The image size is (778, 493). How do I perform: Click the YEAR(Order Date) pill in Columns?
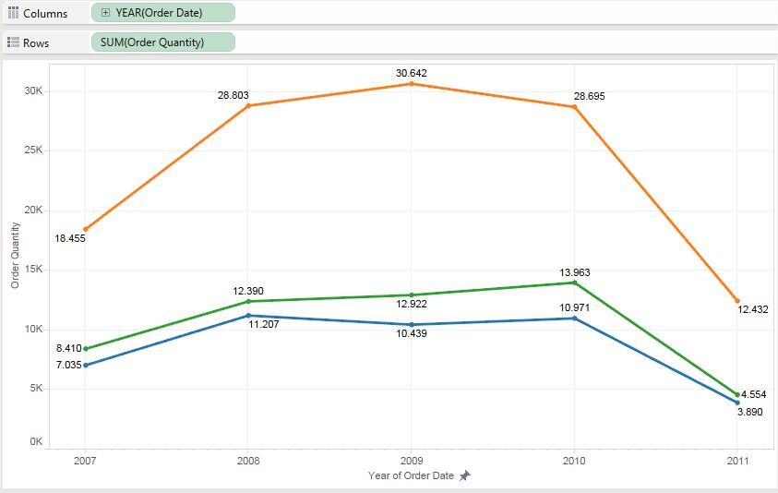(x=163, y=13)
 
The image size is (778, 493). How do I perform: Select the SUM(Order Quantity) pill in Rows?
(x=163, y=42)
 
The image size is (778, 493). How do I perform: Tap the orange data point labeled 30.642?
(x=412, y=84)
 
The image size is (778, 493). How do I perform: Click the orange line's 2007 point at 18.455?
(x=86, y=229)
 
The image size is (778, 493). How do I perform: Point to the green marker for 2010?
(x=575, y=283)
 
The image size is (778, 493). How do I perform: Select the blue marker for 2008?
(x=248, y=316)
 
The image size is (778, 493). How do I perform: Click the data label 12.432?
(x=752, y=309)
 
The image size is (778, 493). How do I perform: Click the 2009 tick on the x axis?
(x=412, y=460)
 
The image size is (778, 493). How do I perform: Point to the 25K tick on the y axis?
(x=33, y=150)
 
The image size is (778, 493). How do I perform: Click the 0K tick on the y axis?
(x=36, y=442)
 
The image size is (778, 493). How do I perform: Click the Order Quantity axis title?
(x=15, y=255)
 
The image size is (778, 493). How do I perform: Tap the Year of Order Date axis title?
(x=411, y=475)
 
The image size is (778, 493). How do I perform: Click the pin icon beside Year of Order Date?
(x=465, y=475)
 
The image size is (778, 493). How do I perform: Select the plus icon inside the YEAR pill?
(x=105, y=13)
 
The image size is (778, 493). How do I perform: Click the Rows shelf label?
(x=36, y=42)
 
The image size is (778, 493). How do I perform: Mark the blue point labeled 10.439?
(x=412, y=325)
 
